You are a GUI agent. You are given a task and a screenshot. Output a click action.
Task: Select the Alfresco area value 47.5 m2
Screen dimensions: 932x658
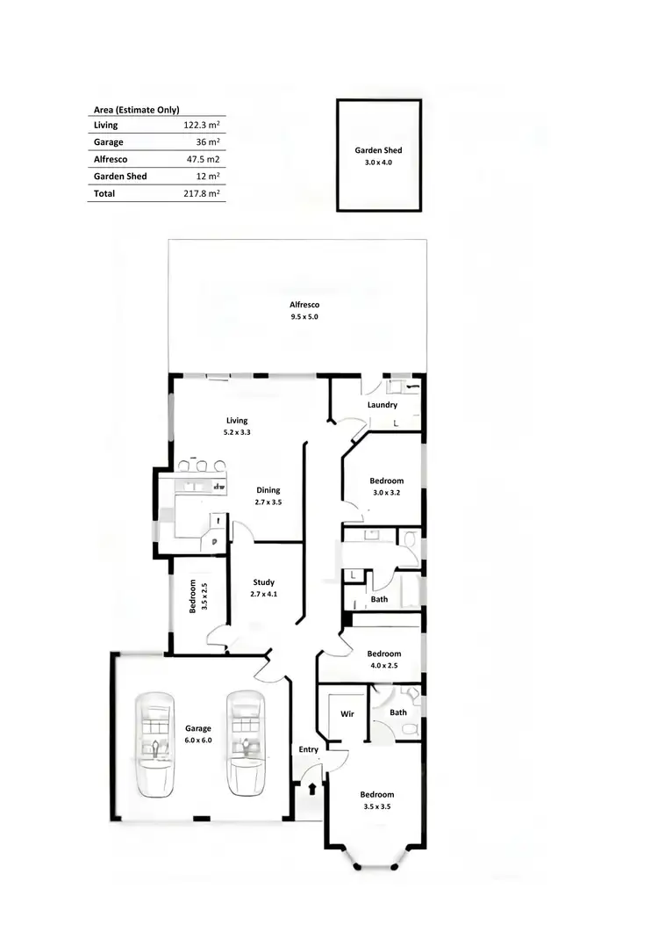tap(203, 159)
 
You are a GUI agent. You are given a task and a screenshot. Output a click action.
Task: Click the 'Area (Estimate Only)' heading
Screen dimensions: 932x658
tap(136, 110)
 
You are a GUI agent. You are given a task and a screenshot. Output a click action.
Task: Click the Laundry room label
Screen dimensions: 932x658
tap(383, 405)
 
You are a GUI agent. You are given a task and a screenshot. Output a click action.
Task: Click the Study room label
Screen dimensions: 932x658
tap(263, 582)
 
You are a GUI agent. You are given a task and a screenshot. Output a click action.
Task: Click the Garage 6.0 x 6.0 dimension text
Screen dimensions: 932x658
tap(198, 741)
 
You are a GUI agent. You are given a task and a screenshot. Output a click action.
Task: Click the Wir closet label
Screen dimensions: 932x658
tap(347, 714)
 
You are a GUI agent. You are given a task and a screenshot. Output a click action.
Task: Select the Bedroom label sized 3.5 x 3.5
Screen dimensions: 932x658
tap(377, 795)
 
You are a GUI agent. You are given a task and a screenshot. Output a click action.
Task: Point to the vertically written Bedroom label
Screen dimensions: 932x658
tap(192, 596)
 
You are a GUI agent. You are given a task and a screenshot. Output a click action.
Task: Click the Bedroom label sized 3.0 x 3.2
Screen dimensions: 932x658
tap(386, 480)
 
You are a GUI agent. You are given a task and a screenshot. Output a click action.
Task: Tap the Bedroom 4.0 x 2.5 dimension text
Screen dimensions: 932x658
tap(384, 665)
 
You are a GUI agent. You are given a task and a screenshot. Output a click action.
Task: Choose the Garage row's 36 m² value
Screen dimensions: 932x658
tap(208, 142)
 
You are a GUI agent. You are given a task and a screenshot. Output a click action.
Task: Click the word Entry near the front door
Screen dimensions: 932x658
tap(309, 749)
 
